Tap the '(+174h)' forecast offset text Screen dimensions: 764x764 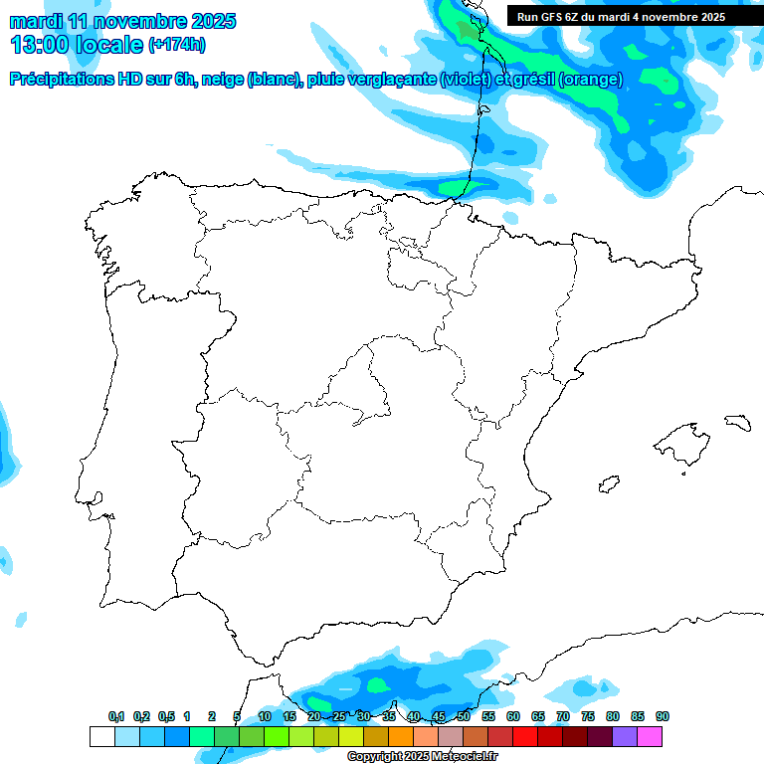pyautogui.click(x=176, y=45)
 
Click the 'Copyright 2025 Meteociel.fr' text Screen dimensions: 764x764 pyautogui.click(x=423, y=757)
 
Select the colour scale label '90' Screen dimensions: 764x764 pyautogui.click(x=662, y=716)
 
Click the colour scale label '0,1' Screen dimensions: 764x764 pyautogui.click(x=116, y=716)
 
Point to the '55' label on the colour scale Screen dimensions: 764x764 pyautogui.click(x=487, y=716)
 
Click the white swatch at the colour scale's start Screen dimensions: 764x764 pyautogui.click(x=101, y=736)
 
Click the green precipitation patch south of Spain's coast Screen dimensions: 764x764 pyautogui.click(x=377, y=684)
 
